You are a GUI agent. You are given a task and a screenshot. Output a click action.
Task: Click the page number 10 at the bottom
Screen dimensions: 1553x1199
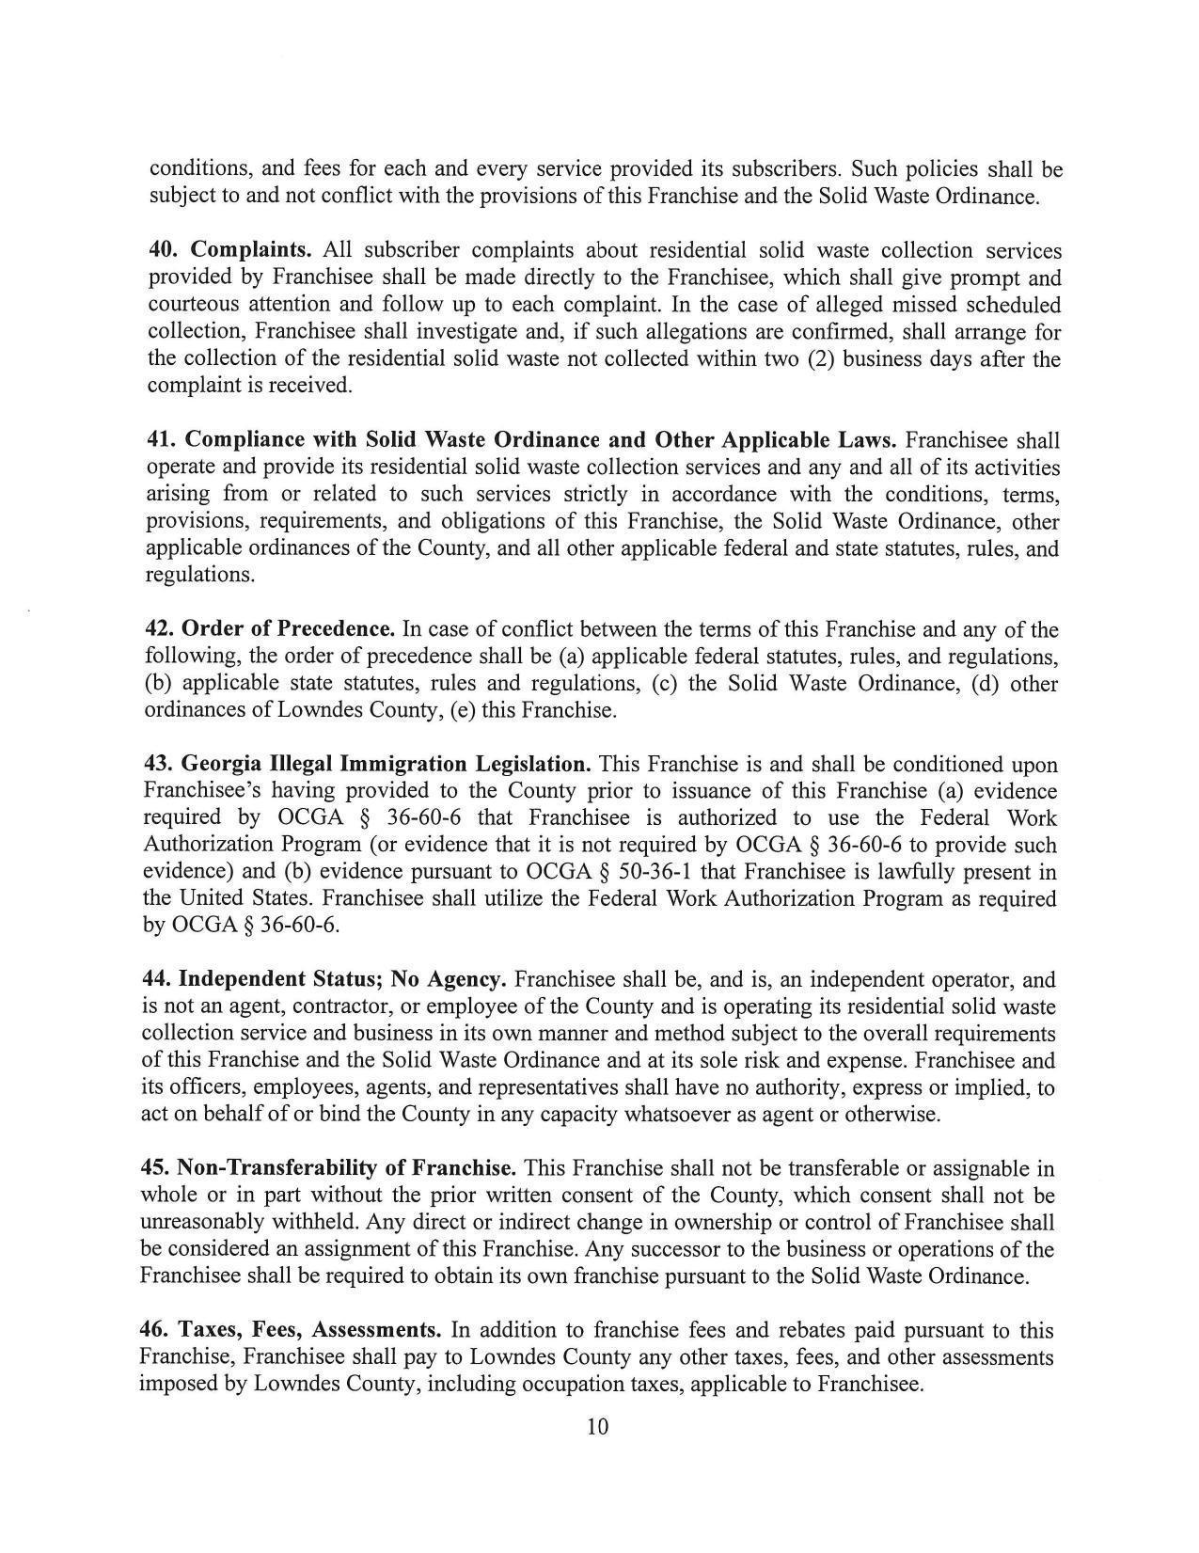(597, 1426)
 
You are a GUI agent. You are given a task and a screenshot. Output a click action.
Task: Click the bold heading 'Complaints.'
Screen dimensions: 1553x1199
(251, 250)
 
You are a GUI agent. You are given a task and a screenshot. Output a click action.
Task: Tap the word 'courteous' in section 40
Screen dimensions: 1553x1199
(194, 304)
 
